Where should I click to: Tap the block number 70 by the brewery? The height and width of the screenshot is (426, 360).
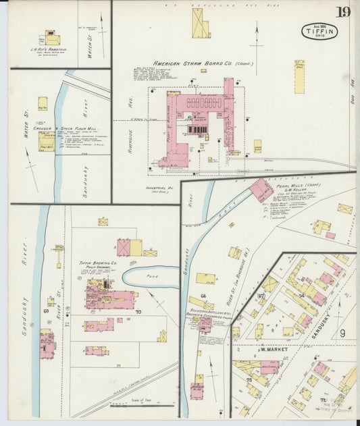click(x=138, y=312)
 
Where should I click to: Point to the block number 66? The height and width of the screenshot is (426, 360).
click(x=202, y=296)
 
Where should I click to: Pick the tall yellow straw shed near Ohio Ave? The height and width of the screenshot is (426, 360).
click(x=299, y=76)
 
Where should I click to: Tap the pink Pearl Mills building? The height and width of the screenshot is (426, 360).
click(x=261, y=190)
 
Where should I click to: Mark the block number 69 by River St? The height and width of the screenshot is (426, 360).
click(x=46, y=311)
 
